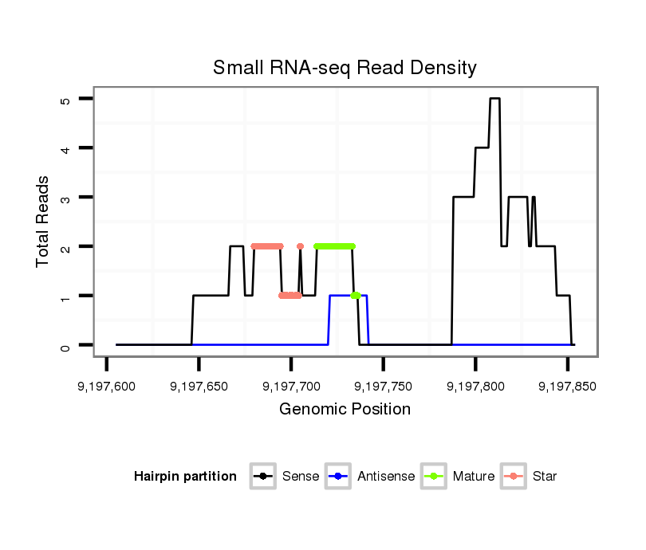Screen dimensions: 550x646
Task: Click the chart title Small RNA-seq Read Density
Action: [x=345, y=68]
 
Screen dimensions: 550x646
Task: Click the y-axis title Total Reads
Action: [x=44, y=222]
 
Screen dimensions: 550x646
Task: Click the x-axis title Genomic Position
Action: [x=345, y=410]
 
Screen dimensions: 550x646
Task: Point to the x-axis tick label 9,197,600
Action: [x=107, y=387]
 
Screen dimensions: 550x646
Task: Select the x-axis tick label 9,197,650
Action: [x=199, y=387]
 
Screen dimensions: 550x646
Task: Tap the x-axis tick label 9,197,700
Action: [x=291, y=387]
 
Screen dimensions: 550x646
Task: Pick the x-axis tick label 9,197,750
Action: [x=383, y=387]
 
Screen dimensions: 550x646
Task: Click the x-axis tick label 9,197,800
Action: [x=475, y=387]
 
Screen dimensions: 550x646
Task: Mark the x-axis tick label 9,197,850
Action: [x=567, y=387]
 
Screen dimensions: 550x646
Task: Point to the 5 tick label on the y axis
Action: [x=66, y=100]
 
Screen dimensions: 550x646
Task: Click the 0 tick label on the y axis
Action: [x=66, y=345]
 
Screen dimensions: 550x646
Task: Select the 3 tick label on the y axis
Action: [x=66, y=197]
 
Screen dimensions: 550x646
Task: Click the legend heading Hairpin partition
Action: [x=185, y=477]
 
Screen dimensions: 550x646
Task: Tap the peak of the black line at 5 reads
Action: [x=494, y=99]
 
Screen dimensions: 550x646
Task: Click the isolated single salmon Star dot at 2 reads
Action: [x=300, y=246]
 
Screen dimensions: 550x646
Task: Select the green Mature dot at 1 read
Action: [x=355, y=296]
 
